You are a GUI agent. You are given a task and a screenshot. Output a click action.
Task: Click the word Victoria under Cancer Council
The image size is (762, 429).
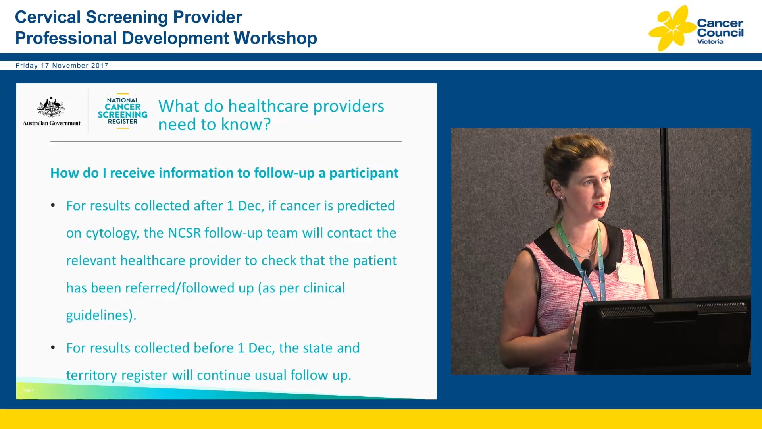pyautogui.click(x=710, y=42)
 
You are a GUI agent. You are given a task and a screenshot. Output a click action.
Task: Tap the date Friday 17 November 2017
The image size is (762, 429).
pyautogui.click(x=62, y=66)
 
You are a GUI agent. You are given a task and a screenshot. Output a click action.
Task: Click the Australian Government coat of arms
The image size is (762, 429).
pyautogui.click(x=51, y=107)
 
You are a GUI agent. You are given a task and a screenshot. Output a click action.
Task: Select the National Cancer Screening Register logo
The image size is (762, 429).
pyautogui.click(x=123, y=111)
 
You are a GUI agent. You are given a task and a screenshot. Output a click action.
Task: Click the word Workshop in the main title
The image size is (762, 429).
pyautogui.click(x=275, y=39)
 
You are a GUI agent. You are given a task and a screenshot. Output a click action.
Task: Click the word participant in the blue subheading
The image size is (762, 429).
pyautogui.click(x=364, y=173)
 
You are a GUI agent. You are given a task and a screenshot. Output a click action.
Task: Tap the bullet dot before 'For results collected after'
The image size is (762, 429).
pyautogui.click(x=53, y=205)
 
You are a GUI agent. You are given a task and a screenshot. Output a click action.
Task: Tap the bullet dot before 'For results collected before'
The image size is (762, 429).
pyautogui.click(x=53, y=348)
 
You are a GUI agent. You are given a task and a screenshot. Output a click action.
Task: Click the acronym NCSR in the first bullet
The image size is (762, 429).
pyautogui.click(x=184, y=233)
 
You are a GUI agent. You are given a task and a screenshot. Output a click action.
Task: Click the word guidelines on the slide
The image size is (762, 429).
pyautogui.click(x=99, y=315)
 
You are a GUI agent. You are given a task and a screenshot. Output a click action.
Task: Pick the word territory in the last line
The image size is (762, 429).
pyautogui.click(x=91, y=375)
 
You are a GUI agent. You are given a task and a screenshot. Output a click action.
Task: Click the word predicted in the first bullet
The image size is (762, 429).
pyautogui.click(x=366, y=206)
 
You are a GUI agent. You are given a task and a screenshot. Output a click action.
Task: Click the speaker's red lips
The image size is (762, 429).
pyautogui.click(x=598, y=205)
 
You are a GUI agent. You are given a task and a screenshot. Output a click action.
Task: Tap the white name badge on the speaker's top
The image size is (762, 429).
pyautogui.click(x=630, y=273)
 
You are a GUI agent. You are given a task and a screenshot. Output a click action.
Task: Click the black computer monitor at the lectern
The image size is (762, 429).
pyautogui.click(x=663, y=334)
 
